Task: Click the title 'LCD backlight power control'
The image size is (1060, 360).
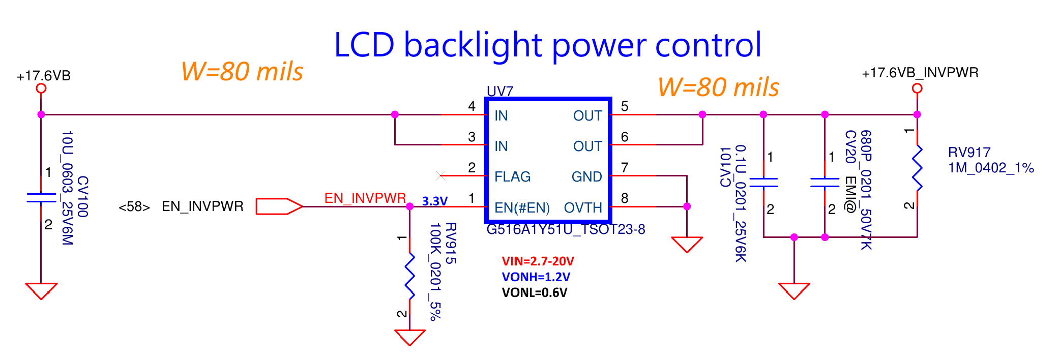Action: tap(547, 45)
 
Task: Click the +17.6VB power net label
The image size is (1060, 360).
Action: tap(44, 76)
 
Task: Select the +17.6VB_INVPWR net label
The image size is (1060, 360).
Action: tap(920, 73)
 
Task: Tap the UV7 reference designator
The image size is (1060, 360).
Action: tap(499, 91)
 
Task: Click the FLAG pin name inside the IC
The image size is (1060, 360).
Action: tap(512, 176)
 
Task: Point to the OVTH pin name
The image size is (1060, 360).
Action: tap(583, 207)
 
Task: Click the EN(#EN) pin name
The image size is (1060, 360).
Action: tap(522, 207)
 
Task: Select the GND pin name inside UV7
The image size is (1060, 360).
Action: tap(586, 176)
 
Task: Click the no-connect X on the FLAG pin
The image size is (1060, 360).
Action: tap(440, 176)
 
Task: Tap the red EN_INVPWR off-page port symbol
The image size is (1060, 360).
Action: tap(279, 206)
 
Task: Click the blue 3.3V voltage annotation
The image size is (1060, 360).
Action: tap(434, 201)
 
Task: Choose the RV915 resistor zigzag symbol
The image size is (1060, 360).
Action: tap(409, 277)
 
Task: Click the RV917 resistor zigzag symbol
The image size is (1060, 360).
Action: tap(917, 168)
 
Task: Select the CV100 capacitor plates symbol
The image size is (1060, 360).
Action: tap(41, 198)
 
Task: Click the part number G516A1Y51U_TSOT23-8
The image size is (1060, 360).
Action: tap(566, 229)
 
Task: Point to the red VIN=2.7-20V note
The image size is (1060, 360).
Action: tap(538, 261)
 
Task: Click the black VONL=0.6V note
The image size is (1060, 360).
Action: tap(534, 293)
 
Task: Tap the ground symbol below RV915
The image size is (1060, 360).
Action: tap(409, 337)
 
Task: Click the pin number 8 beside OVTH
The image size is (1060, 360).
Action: tap(625, 198)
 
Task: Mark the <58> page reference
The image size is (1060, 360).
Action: tap(134, 207)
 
